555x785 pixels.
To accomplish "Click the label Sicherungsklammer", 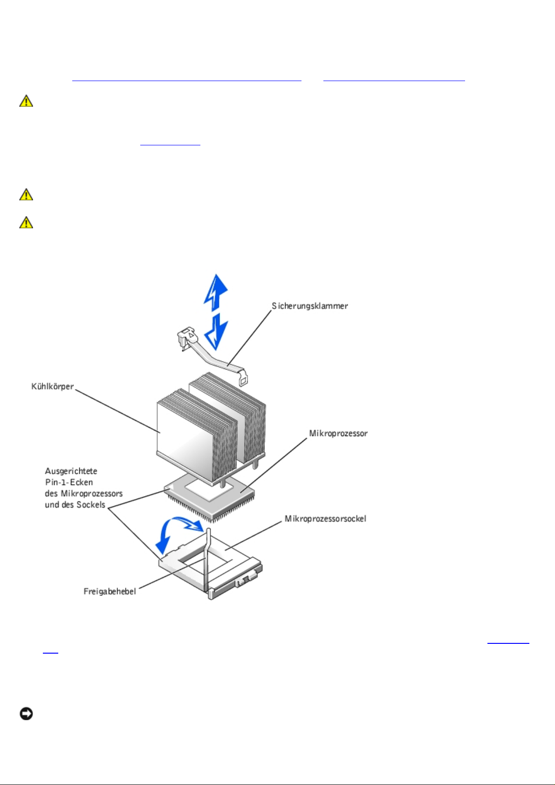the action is (x=310, y=306).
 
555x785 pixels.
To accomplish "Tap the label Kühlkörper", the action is (x=53, y=387).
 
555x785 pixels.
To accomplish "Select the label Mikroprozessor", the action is (x=338, y=433).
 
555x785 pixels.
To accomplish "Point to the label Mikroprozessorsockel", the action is (x=325, y=519).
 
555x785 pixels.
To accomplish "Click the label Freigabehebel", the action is (x=110, y=591).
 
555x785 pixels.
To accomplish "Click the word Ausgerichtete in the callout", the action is (x=71, y=471).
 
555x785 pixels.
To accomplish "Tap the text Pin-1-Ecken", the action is (x=69, y=482).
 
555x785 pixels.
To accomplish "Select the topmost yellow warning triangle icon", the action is (x=26, y=101).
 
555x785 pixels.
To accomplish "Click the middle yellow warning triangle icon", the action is (x=26, y=194).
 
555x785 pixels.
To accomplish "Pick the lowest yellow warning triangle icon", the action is (x=26, y=223).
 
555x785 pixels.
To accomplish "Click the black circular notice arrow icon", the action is (x=26, y=714).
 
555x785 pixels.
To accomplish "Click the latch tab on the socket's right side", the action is (x=246, y=581).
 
